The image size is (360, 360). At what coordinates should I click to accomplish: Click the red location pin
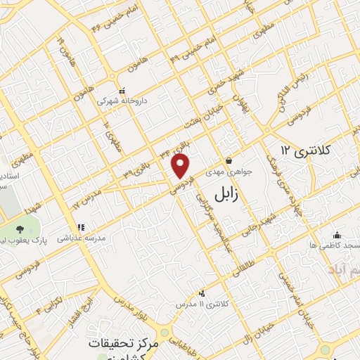(181, 165)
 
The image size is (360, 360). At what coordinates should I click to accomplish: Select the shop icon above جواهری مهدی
(229, 160)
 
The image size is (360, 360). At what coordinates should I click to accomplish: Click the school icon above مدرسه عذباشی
(82, 227)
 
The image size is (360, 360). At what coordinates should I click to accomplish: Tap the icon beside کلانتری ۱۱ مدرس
(202, 292)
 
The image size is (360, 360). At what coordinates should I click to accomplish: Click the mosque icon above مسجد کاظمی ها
(337, 235)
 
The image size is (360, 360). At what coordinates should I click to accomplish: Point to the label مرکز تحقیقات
(127, 345)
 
